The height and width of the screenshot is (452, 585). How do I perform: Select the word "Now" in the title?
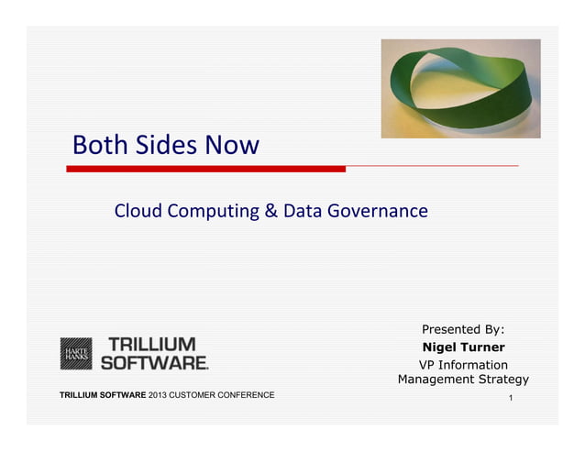[232, 145]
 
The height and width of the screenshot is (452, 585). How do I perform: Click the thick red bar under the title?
[205, 169]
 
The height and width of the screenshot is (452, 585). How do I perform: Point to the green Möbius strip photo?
[460, 88]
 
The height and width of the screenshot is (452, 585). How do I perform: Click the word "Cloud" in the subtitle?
[138, 211]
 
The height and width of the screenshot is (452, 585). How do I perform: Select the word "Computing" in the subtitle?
[214, 212]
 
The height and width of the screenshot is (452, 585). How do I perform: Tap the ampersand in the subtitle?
[271, 211]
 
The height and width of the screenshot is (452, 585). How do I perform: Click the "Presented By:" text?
[463, 329]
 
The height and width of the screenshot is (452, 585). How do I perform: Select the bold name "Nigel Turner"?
[463, 347]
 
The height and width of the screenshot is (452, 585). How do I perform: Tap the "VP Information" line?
[463, 364]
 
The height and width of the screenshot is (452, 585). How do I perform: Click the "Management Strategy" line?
[463, 380]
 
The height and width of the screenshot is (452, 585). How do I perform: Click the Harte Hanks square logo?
[76, 353]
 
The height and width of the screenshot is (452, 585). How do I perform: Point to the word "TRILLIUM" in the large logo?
[152, 345]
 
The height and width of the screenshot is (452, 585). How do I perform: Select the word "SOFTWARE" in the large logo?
[153, 362]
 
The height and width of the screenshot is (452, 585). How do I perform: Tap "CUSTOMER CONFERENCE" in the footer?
[222, 395]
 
